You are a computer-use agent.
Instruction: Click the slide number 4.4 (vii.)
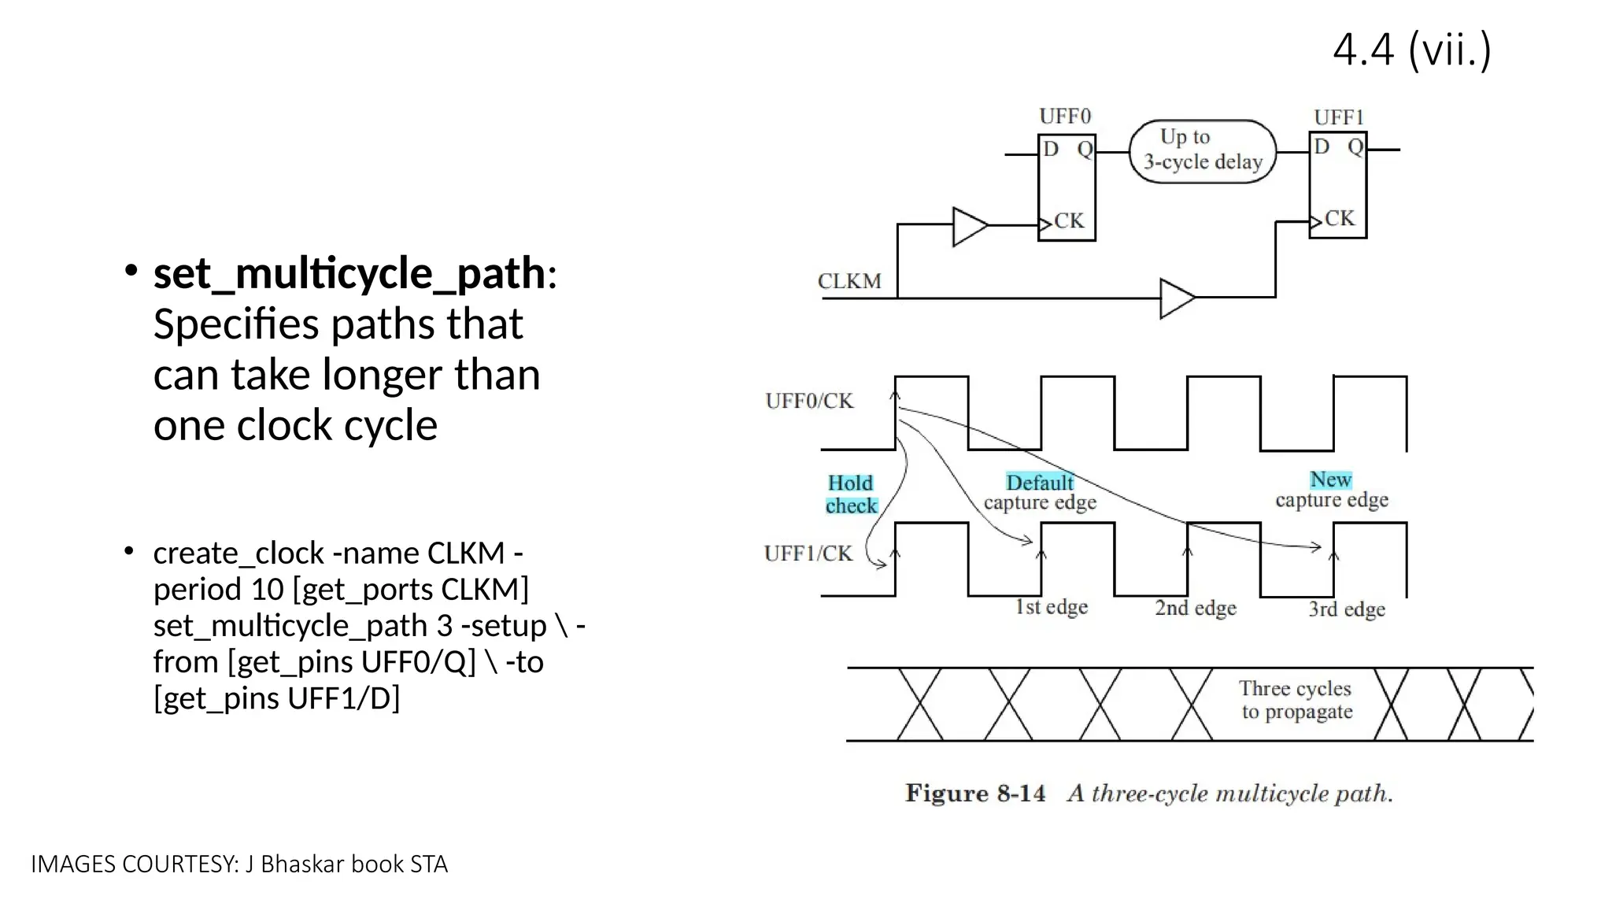(x=1412, y=50)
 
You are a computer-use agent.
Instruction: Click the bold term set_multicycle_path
(x=349, y=273)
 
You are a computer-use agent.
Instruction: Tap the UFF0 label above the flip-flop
(x=1065, y=117)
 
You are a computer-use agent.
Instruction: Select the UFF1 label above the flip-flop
(x=1338, y=117)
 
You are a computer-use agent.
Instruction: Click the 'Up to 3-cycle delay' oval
(x=1202, y=151)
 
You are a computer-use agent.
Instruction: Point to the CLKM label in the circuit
(x=849, y=281)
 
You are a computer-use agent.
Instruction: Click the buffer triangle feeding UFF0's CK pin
(x=969, y=227)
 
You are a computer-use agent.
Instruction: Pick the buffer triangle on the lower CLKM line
(x=1177, y=298)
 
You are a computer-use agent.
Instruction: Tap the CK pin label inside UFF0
(x=1069, y=220)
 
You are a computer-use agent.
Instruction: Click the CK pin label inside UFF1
(x=1340, y=218)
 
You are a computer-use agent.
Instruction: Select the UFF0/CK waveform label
(x=809, y=401)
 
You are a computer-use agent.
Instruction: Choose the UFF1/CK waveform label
(x=808, y=553)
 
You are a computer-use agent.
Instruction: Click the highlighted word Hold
(x=850, y=483)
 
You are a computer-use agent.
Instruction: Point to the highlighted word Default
(x=1040, y=482)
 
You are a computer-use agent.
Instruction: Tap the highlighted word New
(x=1330, y=479)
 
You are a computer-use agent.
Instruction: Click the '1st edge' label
(x=1052, y=607)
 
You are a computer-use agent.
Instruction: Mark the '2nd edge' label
(x=1196, y=608)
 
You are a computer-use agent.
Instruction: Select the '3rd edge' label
(x=1347, y=609)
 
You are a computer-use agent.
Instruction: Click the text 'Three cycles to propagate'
(x=1296, y=700)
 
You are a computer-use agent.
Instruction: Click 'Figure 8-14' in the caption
(x=975, y=793)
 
